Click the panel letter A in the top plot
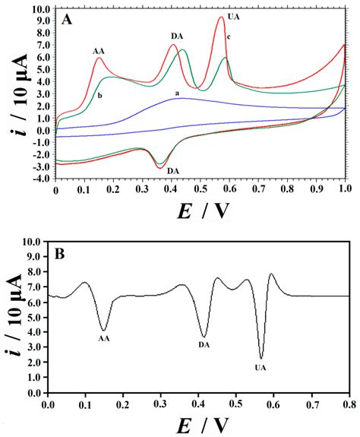coord(68,21)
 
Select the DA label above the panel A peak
coord(176,36)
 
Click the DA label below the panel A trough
coord(172,171)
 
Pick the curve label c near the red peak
coord(229,36)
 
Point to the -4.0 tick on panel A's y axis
coord(41,179)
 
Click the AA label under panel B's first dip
coord(105,338)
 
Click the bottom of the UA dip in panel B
coord(261,357)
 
